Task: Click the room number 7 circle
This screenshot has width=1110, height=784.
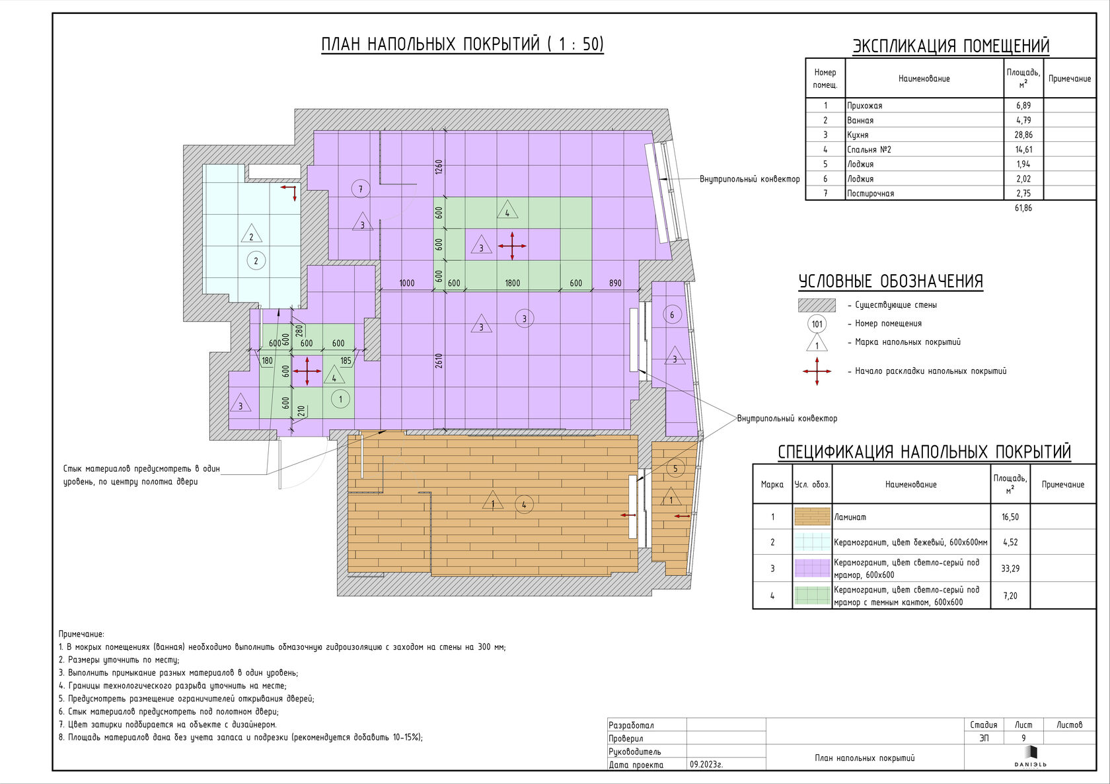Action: [361, 189]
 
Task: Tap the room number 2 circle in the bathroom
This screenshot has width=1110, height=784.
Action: [256, 260]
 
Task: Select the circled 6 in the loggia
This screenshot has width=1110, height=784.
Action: [672, 314]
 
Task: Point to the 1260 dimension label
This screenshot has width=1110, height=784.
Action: [438, 167]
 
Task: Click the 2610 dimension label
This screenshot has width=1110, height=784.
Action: [438, 361]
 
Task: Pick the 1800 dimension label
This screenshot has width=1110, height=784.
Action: [513, 283]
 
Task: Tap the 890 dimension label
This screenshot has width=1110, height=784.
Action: [615, 283]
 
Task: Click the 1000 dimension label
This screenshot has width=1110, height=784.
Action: [407, 283]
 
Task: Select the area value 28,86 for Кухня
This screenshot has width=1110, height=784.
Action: [1023, 135]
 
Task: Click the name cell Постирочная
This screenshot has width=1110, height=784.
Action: [870, 193]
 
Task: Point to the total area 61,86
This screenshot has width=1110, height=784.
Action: [1023, 208]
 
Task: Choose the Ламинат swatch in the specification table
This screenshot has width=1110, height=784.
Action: [812, 517]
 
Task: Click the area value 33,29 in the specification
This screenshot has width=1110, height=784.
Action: [1010, 569]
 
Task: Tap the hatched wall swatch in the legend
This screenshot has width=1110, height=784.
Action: [817, 305]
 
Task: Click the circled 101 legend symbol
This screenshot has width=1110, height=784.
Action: [817, 324]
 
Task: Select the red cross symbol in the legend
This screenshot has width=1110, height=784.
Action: [817, 371]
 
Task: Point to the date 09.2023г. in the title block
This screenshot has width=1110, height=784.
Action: [706, 765]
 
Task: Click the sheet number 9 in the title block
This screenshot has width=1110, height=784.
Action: [1023, 738]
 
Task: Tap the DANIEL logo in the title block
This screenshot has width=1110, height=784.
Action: [1030, 757]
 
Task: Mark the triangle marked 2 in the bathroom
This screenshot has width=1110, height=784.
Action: [251, 234]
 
